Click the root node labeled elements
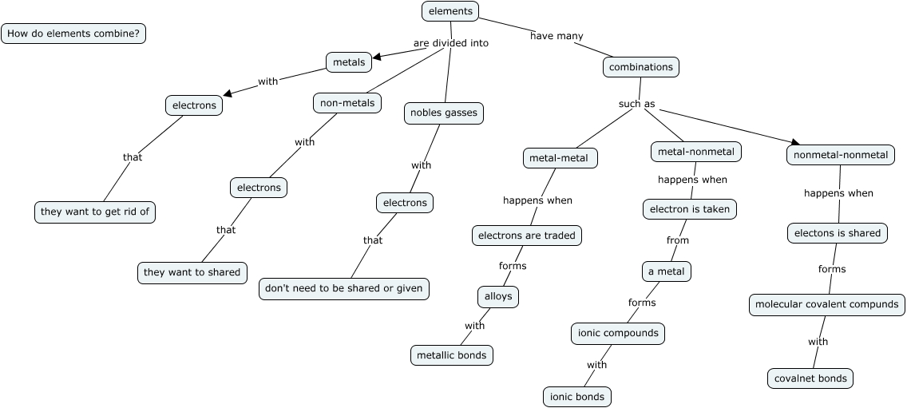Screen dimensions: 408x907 [x=450, y=11]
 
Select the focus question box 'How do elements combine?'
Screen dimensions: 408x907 [x=73, y=34]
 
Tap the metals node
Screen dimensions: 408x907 [x=349, y=62]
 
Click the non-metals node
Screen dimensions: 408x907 [x=347, y=103]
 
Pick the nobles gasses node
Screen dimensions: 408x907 [x=443, y=113]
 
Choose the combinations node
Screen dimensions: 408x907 [x=640, y=68]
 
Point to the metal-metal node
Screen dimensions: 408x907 [x=559, y=158]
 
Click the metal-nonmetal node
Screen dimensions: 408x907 [x=696, y=152]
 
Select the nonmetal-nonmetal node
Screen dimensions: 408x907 [x=841, y=155]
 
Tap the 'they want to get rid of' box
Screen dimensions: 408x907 [x=96, y=212]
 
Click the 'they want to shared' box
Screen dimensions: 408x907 [x=192, y=272]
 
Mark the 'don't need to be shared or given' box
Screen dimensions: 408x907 [x=344, y=289]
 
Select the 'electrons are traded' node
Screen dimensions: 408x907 [x=526, y=236]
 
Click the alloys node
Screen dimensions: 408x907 [x=498, y=297]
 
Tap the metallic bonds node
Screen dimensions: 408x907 [x=451, y=355]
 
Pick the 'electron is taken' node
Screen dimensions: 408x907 [x=690, y=209]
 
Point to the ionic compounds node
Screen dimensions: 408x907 [x=619, y=333]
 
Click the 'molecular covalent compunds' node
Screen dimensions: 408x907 [x=826, y=304]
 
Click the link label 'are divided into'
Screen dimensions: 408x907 [x=450, y=43]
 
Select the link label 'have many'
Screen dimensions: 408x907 [x=556, y=36]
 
